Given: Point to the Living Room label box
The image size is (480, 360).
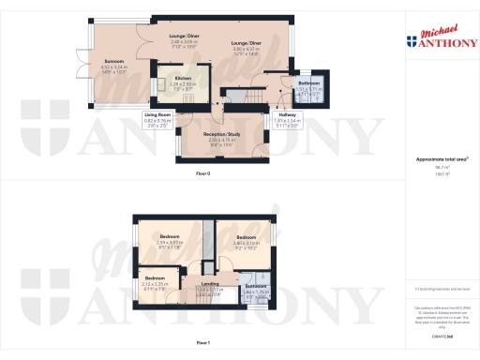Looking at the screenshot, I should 157,114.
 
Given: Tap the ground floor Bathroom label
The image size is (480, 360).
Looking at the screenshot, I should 309,83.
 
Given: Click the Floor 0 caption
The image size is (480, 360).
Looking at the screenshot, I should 203,175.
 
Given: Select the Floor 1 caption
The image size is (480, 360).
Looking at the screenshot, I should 203,343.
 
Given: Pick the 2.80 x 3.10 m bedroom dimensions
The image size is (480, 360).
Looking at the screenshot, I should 246,242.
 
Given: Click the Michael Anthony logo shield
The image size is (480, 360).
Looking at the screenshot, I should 411,40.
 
